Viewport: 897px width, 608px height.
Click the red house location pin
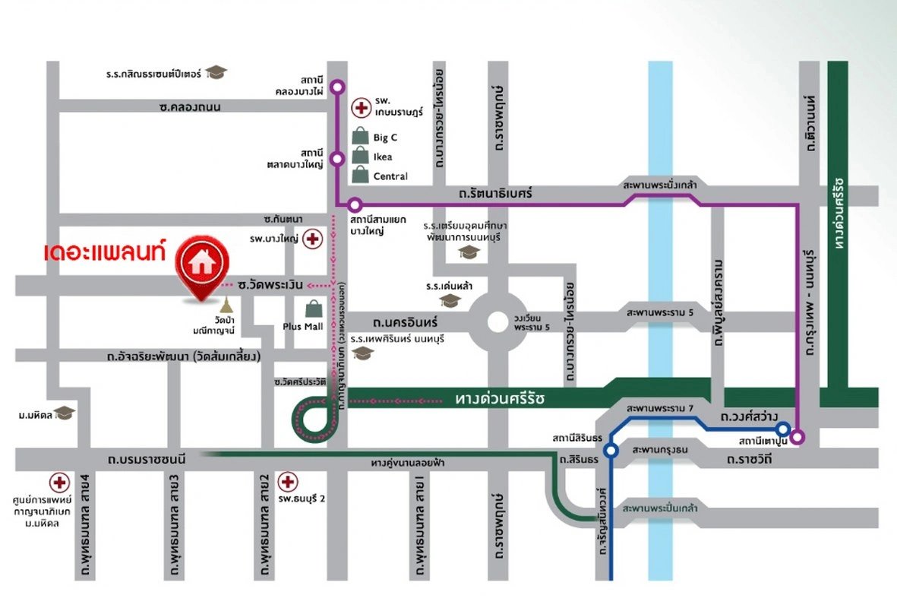point(201,265)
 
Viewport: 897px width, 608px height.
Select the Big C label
point(385,138)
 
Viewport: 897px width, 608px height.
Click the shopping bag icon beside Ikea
point(360,157)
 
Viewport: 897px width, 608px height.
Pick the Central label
point(390,176)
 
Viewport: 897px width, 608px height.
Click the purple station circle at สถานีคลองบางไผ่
point(337,86)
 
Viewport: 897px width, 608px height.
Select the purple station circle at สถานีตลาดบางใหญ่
point(337,158)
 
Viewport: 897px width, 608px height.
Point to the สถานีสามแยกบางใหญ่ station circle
point(355,204)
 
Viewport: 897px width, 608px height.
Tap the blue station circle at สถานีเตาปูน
point(782,429)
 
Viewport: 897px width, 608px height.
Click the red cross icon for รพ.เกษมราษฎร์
point(360,108)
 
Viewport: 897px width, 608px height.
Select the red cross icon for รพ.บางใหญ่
point(311,239)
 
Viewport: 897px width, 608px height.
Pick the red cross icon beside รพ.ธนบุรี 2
point(287,481)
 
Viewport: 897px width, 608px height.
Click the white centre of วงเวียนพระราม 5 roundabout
point(497,321)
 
